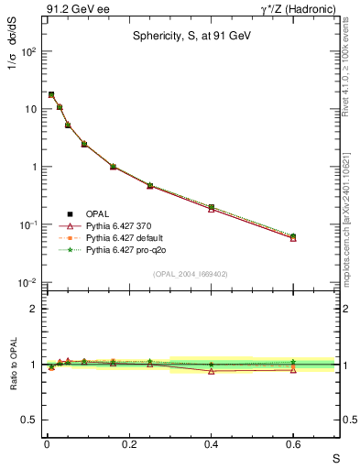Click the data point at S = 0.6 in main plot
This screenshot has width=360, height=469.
click(293, 236)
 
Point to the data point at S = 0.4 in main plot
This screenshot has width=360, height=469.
click(212, 208)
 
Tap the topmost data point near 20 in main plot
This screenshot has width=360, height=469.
click(51, 94)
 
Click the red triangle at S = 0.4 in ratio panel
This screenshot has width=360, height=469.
click(212, 371)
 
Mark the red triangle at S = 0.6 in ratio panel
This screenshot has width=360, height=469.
click(293, 369)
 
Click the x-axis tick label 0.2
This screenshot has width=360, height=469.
click(129, 444)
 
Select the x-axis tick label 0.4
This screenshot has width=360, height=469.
click(212, 444)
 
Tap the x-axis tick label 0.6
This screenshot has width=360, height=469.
click(293, 444)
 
